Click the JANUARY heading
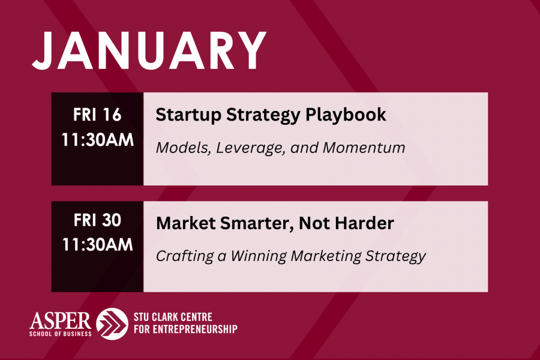149,50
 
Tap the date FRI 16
97,115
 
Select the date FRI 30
97,220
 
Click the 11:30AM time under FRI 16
97,140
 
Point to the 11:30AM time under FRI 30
97,245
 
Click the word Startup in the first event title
188,115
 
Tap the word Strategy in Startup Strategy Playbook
263,115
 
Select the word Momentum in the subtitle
364,148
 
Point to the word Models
182,148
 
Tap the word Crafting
185,257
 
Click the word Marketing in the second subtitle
325,257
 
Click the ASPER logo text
60,321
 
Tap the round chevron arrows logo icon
112,324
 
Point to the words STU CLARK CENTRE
173,317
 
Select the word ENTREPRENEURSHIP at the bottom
195,329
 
